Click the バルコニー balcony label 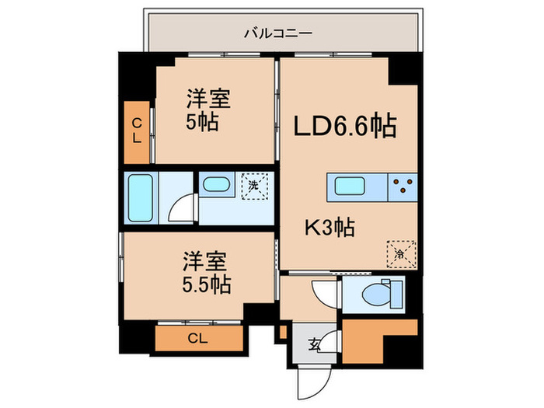coord(278,33)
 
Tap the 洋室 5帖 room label coord(207,110)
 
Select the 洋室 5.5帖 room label coord(207,272)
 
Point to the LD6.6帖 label coord(345,126)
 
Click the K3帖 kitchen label coord(330,228)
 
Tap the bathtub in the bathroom coord(140,197)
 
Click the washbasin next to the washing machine coord(216,184)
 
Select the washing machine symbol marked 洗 coord(255,186)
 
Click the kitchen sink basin coord(350,186)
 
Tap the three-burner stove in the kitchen coord(403,187)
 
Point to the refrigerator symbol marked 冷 coord(401,253)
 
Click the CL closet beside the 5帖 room coord(137,132)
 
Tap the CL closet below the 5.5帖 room coord(199,338)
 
